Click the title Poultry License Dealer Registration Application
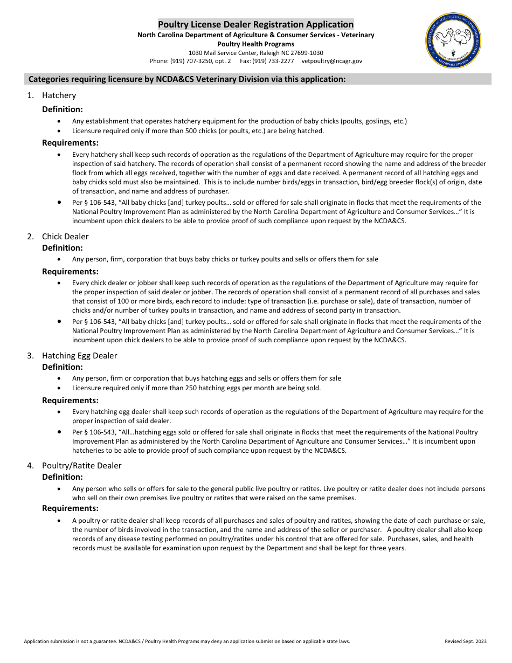coord(255,24)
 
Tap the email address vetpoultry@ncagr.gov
coord(331,61)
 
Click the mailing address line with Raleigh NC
coord(255,53)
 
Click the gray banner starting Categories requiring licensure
coord(258,79)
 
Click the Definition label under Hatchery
coord(63,109)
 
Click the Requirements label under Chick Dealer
coord(70,272)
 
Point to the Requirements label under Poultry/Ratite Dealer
coord(70,508)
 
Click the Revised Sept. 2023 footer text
coord(465,641)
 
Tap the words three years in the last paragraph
coord(388,548)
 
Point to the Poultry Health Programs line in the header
coord(255,44)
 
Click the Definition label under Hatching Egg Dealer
coord(63,367)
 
